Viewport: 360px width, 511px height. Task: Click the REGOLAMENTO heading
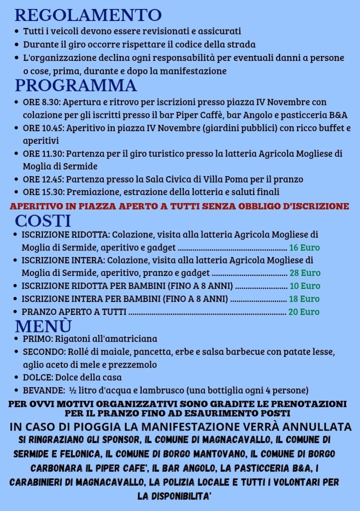pyautogui.click(x=88, y=15)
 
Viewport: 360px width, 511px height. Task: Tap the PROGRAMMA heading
pyautogui.click(x=76, y=85)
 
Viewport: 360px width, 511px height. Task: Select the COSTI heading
pyautogui.click(x=43, y=220)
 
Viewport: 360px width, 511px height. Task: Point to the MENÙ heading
pyautogui.click(x=43, y=325)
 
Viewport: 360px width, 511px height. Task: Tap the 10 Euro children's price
pyautogui.click(x=305, y=286)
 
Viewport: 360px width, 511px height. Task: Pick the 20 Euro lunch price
pyautogui.click(x=304, y=312)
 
